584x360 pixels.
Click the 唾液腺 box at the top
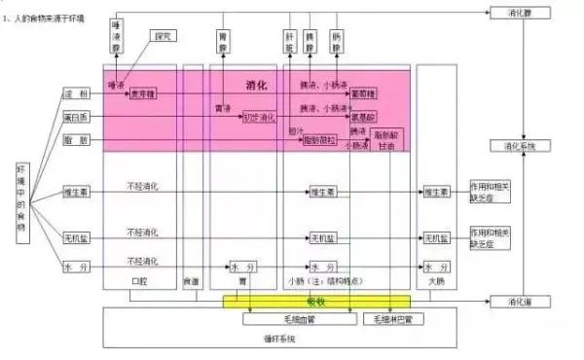click(x=118, y=37)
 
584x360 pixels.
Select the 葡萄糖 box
click(x=363, y=95)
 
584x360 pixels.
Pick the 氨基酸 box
click(x=363, y=117)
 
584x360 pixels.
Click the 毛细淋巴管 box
click(x=394, y=317)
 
